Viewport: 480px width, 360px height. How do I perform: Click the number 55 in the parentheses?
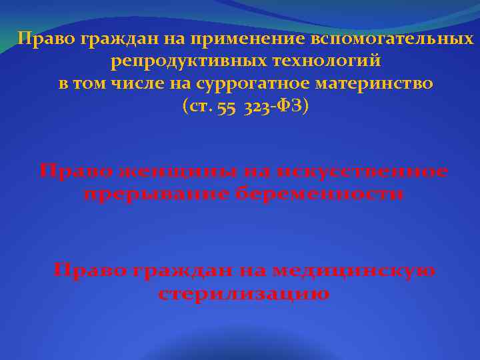[x=225, y=108]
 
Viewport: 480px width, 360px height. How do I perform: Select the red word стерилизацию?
[x=244, y=294]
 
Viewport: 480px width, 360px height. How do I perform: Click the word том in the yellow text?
[x=90, y=85]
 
